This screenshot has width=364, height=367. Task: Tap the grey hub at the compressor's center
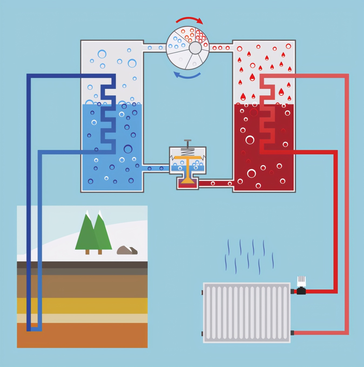(195, 48)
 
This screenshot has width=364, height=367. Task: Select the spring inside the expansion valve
(187, 152)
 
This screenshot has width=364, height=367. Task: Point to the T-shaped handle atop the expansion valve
(187, 141)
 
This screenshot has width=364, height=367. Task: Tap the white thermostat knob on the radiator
(301, 281)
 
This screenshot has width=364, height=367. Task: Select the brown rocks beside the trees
(127, 251)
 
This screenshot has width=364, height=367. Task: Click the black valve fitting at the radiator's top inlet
(301, 291)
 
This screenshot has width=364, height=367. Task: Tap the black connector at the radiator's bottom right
(292, 333)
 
